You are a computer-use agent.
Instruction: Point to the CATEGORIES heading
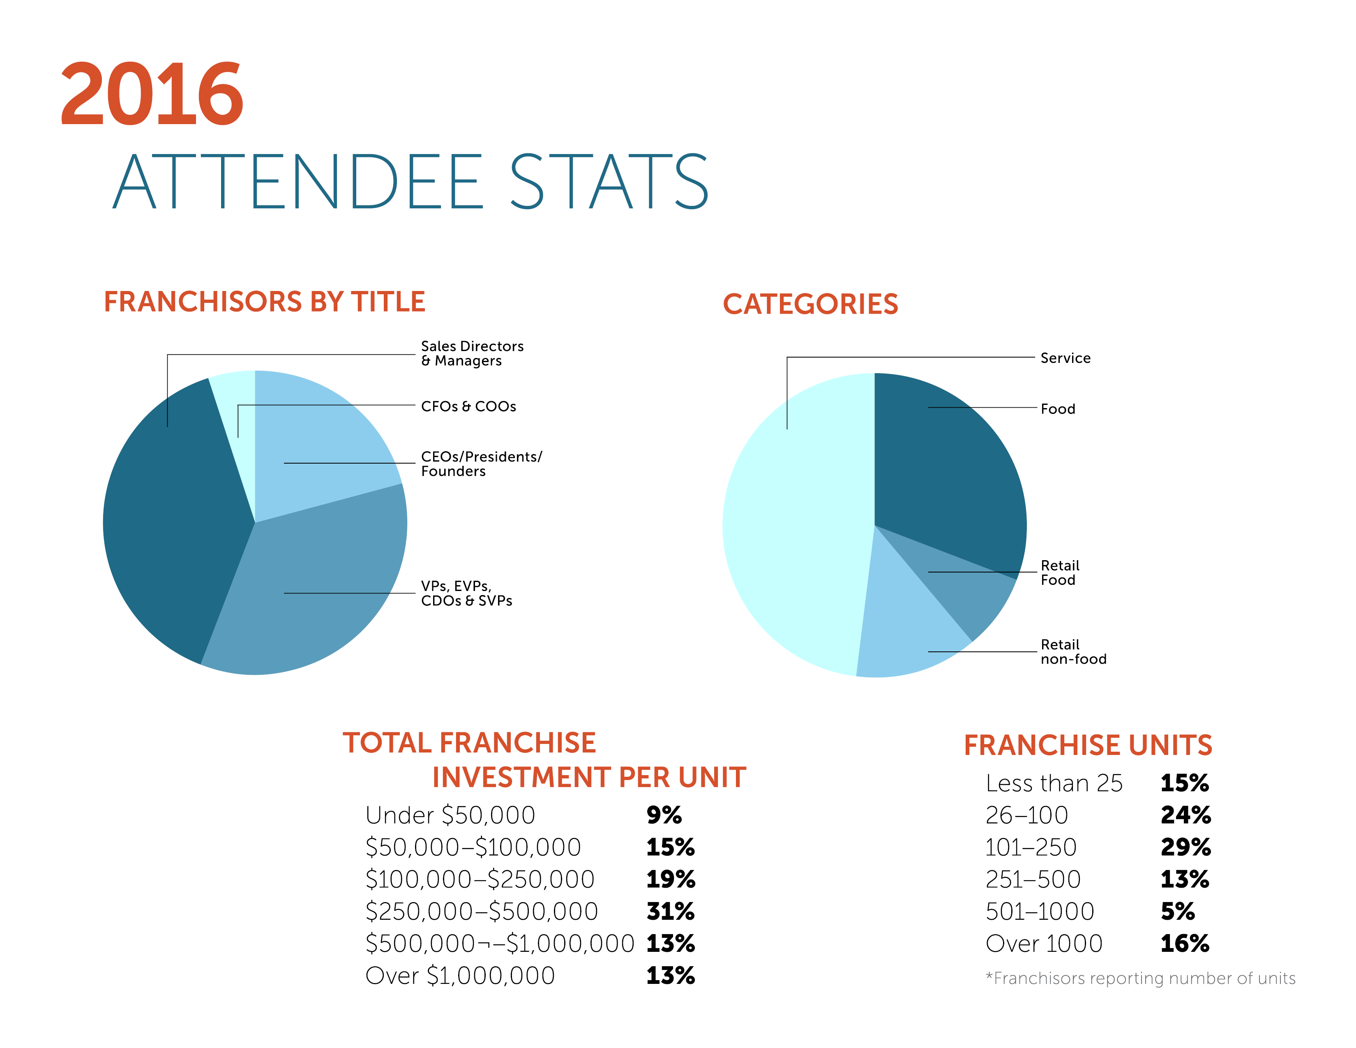[x=810, y=304]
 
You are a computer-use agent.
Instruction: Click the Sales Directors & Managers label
[x=472, y=353]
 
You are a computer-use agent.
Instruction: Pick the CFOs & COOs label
[x=468, y=406]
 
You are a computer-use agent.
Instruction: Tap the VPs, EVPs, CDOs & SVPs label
[x=466, y=593]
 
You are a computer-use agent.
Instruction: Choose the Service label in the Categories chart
[x=1065, y=358]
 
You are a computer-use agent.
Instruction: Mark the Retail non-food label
[x=1073, y=652]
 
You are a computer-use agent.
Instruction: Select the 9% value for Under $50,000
[x=663, y=815]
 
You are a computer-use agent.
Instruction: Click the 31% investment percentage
[x=670, y=912]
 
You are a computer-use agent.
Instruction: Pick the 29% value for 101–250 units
[x=1185, y=847]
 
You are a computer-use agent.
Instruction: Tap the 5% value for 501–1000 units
[x=1177, y=912]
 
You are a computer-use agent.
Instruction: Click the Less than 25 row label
[x=1054, y=783]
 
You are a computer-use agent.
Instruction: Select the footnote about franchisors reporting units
[x=1140, y=979]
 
